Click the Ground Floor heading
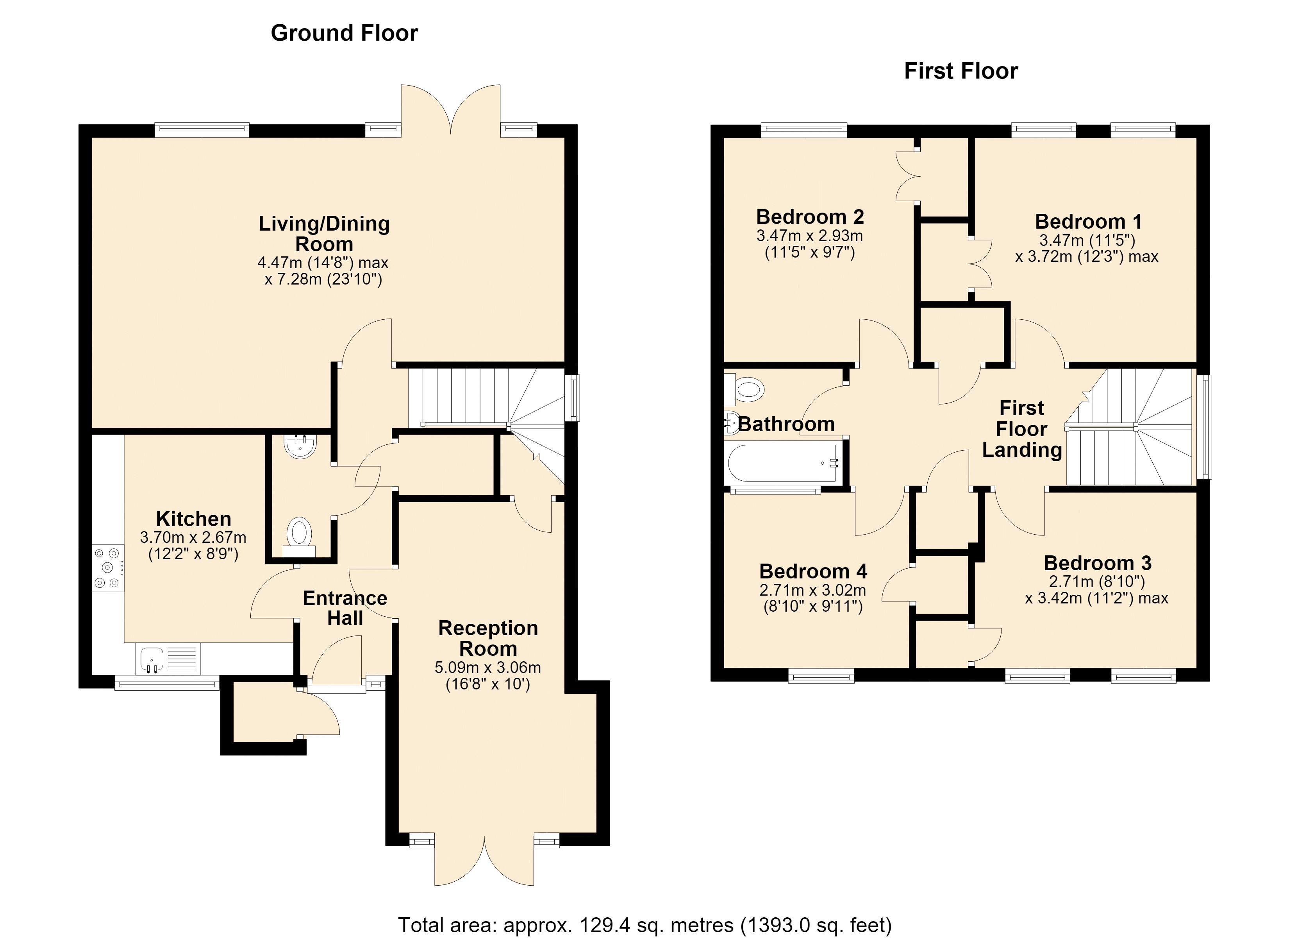(x=345, y=33)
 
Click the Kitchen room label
(x=194, y=519)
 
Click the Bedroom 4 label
(x=813, y=571)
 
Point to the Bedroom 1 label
(x=1088, y=221)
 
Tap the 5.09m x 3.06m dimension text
(x=487, y=667)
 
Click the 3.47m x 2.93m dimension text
(x=810, y=236)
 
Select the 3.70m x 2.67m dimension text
(x=193, y=537)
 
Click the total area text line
(x=644, y=925)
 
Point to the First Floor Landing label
(x=1022, y=429)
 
